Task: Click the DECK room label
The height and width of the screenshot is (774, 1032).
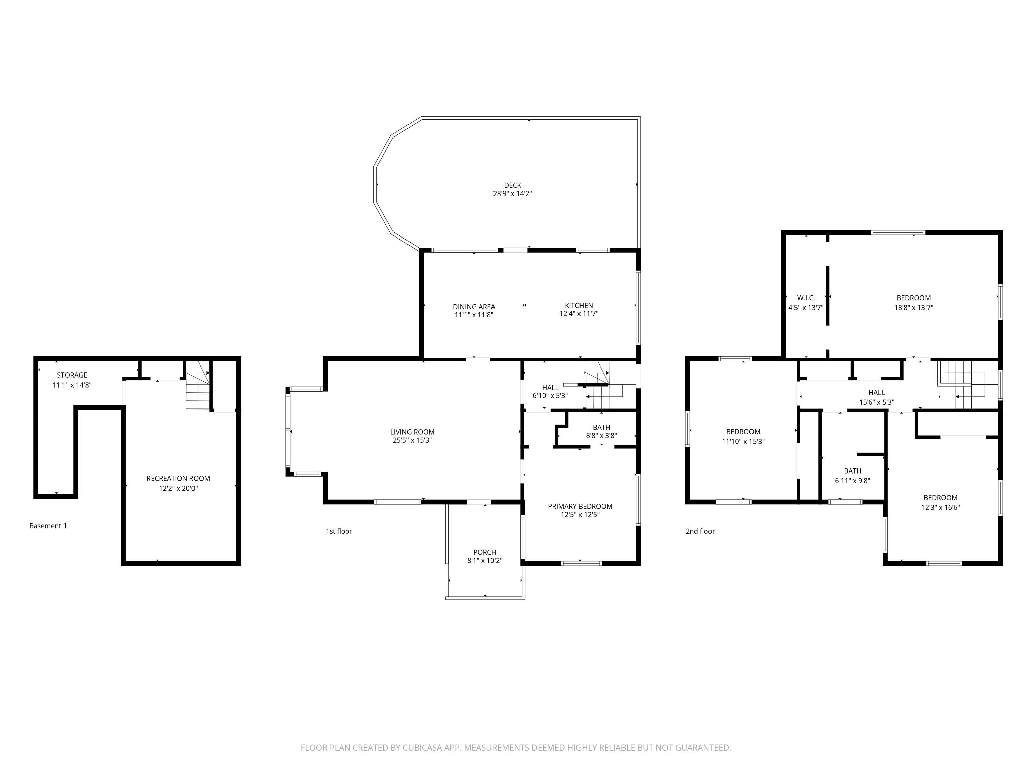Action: tap(512, 185)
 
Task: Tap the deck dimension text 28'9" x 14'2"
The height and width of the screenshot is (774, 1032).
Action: tap(512, 193)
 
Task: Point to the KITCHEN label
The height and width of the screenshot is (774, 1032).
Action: tap(578, 306)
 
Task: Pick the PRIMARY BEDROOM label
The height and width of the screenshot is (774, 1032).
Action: tap(580, 506)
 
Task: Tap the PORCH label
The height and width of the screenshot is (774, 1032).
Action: tap(484, 552)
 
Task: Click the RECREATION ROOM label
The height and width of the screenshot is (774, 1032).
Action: tap(178, 478)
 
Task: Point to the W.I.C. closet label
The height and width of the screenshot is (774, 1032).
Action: tap(806, 298)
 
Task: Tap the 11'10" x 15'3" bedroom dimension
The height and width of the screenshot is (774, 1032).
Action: tap(743, 441)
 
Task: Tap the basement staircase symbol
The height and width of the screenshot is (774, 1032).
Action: tap(198, 385)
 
